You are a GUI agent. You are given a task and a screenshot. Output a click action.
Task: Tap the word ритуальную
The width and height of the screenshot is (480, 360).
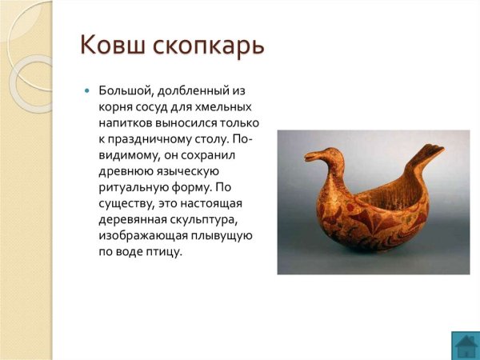point(132,186)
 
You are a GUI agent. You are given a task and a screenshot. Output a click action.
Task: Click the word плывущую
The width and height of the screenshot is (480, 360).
point(223,235)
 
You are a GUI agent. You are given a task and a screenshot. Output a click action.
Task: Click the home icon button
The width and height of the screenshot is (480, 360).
point(465,345)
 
